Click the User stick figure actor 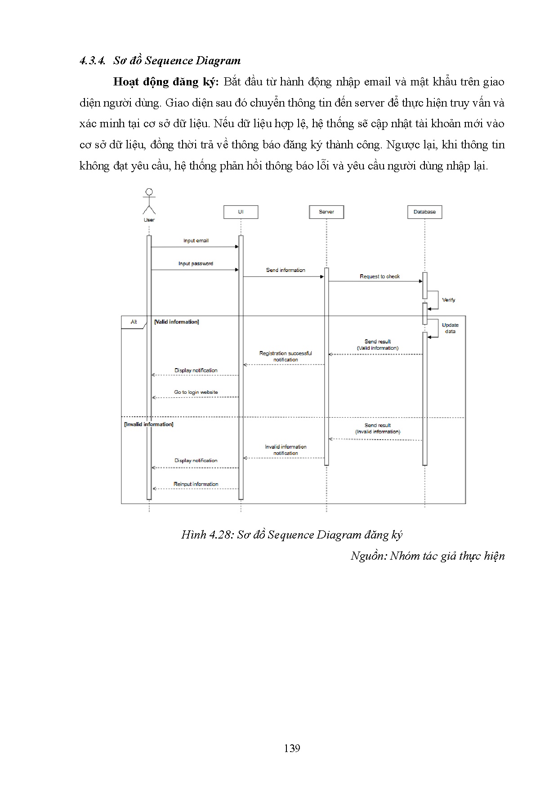[x=149, y=201]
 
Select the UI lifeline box [x=241, y=212]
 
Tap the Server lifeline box [x=326, y=212]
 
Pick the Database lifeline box [x=424, y=212]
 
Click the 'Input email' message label [x=196, y=240]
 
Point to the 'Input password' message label [x=196, y=263]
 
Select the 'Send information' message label [x=286, y=270]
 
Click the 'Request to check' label [x=379, y=276]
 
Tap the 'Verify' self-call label [x=449, y=300]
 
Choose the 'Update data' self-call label [x=450, y=328]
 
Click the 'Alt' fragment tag [x=134, y=322]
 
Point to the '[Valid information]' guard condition [x=176, y=322]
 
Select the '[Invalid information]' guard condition [x=148, y=424]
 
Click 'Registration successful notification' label [x=286, y=356]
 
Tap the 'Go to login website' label [x=196, y=392]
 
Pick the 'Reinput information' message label [x=196, y=484]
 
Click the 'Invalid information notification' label [x=286, y=450]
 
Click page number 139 [x=292, y=748]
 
